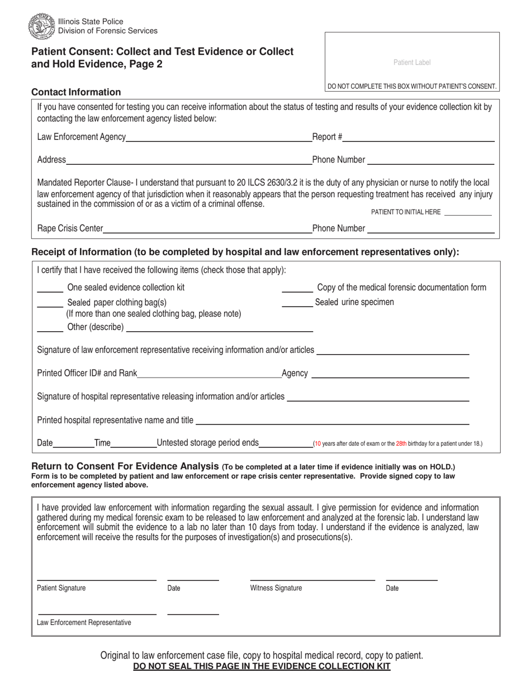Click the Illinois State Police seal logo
point(42,26)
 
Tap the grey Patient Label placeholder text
point(412,63)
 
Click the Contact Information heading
point(76,92)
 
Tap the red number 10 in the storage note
point(317,444)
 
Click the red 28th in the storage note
point(401,444)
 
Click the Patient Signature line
point(96,580)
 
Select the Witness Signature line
point(312,580)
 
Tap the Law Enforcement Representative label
point(84,622)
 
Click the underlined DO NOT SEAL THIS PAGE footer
point(262,666)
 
